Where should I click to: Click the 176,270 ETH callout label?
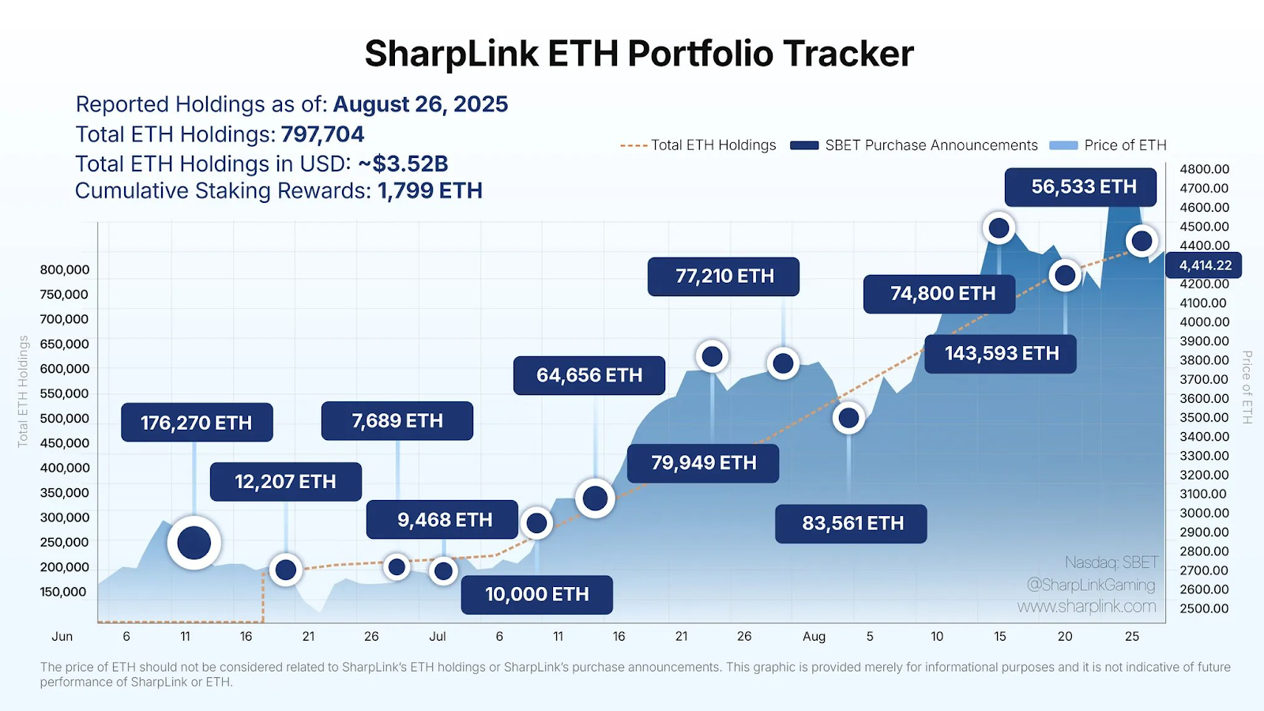[197, 423]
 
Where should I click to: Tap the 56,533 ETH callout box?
[1081, 187]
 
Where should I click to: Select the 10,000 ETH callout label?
[537, 595]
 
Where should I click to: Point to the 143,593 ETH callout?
[1001, 354]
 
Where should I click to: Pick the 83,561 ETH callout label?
[852, 524]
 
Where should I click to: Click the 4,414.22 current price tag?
[1205, 265]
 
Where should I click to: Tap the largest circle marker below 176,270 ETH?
[194, 543]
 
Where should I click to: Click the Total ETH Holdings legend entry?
[698, 145]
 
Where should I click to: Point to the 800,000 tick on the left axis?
[65, 270]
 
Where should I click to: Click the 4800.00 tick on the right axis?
[1204, 169]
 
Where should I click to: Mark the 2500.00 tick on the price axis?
[1204, 608]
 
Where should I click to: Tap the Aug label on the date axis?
[814, 637]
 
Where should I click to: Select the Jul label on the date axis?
[437, 637]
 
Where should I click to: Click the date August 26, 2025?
[420, 104]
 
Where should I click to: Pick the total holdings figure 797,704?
[322, 134]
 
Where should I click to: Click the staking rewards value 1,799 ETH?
[430, 191]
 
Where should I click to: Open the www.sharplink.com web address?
[1086, 607]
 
